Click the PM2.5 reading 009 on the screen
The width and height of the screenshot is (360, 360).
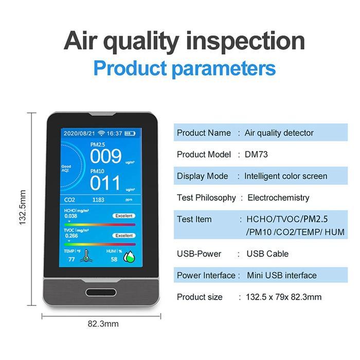(105, 156)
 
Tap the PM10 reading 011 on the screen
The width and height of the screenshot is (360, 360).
(105, 183)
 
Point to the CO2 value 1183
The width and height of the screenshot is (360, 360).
(99, 199)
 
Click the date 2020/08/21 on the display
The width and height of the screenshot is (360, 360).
(79, 133)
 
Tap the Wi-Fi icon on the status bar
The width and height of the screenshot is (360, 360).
(103, 133)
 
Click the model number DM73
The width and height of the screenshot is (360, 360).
(256, 154)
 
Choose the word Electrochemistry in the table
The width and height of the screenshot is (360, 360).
(278, 197)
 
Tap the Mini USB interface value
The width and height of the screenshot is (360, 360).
(281, 275)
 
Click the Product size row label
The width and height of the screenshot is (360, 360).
(200, 297)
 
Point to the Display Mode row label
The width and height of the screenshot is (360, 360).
(202, 176)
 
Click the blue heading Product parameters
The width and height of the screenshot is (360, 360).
(185, 68)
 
